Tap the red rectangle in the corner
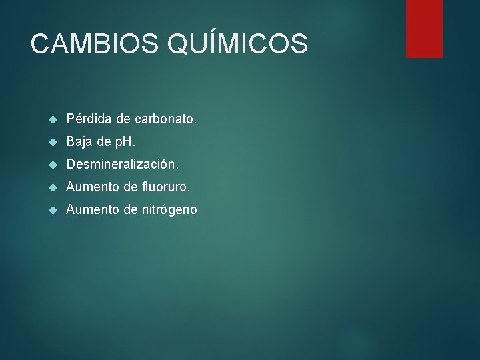(x=424, y=28)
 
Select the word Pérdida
(x=89, y=119)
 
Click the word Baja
(x=79, y=142)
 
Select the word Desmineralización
(x=123, y=164)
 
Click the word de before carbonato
(x=123, y=119)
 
